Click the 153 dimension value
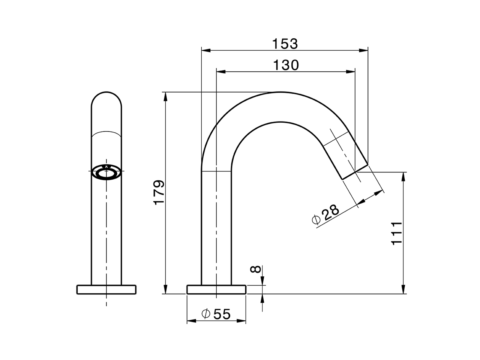285,44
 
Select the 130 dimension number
286,65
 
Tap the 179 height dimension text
159,192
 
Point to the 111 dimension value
396,233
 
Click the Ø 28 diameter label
325,214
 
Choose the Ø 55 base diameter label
216,314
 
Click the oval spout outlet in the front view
106,173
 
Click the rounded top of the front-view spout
106,97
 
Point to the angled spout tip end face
355,172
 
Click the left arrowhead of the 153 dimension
205,50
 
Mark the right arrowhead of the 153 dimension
364,50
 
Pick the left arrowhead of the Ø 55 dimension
190,321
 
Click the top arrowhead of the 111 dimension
403,175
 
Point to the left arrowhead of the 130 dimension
220,71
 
